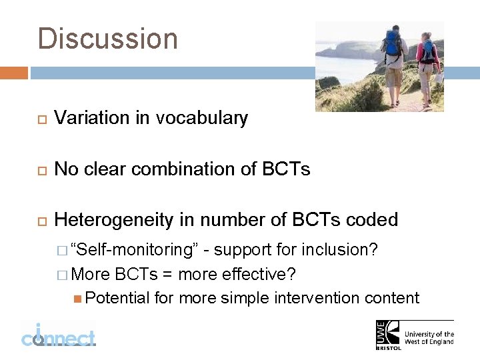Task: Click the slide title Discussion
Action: (x=108, y=39)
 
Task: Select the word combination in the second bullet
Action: (x=183, y=169)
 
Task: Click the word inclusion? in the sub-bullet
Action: (x=341, y=250)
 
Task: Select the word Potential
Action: (x=117, y=297)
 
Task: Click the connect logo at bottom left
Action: (x=58, y=335)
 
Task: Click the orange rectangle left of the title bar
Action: (x=14, y=73)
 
